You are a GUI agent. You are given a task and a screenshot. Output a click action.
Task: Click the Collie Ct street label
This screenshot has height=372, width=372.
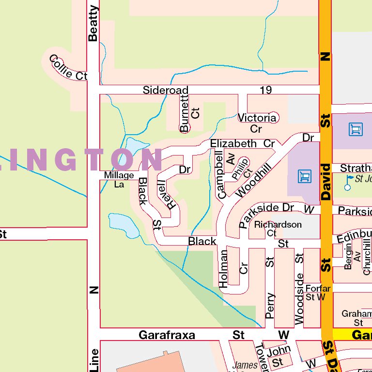point(68,68)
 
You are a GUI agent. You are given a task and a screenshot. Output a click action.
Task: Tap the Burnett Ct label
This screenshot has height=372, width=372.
point(189,113)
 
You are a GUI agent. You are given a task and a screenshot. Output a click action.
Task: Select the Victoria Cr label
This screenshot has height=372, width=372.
point(257,123)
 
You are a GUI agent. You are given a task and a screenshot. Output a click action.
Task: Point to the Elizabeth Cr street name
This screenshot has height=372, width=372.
point(242,144)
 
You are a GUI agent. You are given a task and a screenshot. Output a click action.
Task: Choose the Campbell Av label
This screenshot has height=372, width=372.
point(226,173)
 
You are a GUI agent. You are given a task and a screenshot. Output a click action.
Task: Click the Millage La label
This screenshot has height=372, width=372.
point(119,180)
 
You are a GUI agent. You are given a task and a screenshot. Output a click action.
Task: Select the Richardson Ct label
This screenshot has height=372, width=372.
point(278,229)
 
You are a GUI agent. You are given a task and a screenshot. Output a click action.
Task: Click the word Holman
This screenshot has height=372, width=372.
point(223,269)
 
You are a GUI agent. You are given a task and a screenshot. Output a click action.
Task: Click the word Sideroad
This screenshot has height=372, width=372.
point(165,90)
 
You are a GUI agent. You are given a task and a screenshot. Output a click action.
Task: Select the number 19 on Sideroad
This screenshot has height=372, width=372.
point(265,90)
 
